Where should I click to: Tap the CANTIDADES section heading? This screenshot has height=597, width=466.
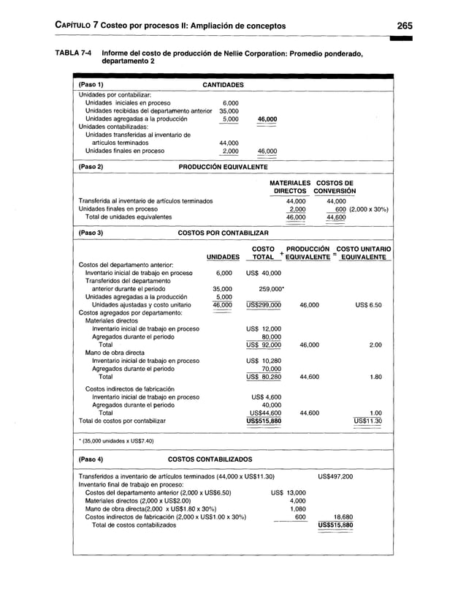click(x=222, y=85)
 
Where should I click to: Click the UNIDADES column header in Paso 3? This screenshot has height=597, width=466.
click(x=223, y=257)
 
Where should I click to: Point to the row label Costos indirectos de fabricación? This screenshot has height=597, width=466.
click(x=129, y=388)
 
